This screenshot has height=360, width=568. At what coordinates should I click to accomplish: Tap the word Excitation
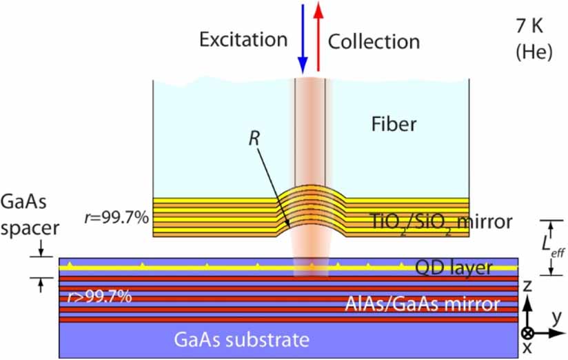(x=245, y=41)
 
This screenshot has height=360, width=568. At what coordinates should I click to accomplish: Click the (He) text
(x=534, y=52)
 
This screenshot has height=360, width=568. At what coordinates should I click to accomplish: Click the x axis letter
(x=527, y=348)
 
